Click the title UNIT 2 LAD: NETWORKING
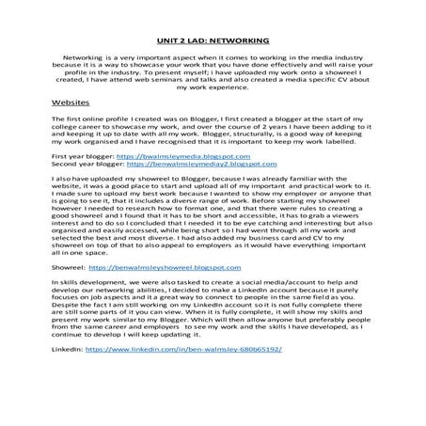pyautogui.click(x=212, y=41)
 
